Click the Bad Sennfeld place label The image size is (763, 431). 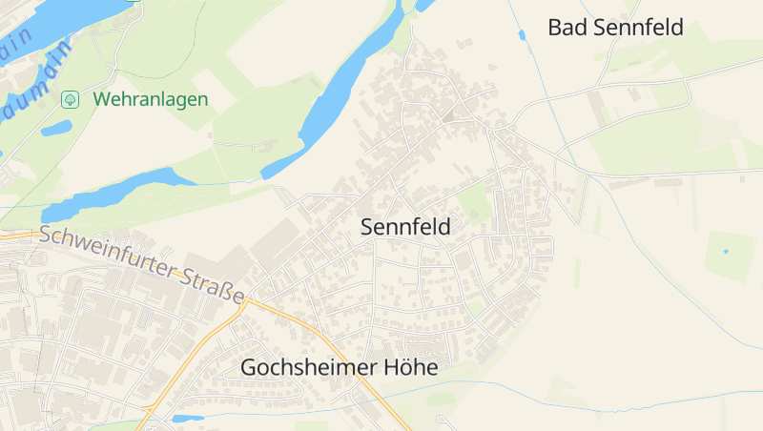pyautogui.click(x=615, y=28)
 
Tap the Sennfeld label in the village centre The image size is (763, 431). pyautogui.click(x=405, y=227)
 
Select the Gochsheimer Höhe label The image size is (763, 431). pyautogui.click(x=339, y=367)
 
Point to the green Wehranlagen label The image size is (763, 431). pyautogui.click(x=151, y=99)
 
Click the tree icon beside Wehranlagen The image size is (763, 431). pyautogui.click(x=70, y=99)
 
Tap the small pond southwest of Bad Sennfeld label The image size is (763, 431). pyautogui.click(x=522, y=35)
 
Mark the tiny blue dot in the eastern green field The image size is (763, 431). pyautogui.click(x=726, y=252)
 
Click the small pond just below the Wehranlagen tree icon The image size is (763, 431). pyautogui.click(x=57, y=127)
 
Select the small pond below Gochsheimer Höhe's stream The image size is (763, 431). pyautogui.click(x=187, y=418)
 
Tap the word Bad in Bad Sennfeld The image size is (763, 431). pyautogui.click(x=567, y=28)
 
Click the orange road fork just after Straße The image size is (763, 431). pyautogui.click(x=251, y=303)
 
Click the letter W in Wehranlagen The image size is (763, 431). pyautogui.click(x=101, y=99)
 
